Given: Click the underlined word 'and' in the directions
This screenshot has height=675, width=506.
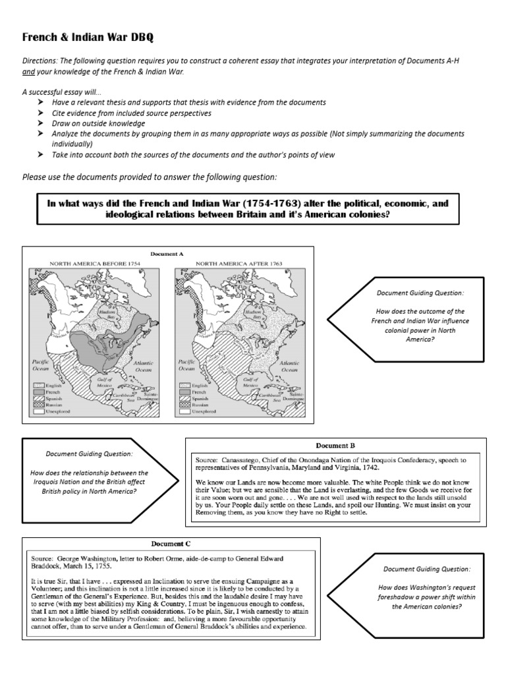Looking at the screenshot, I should pos(29,71).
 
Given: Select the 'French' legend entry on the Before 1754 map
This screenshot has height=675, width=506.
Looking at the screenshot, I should pos(53,392).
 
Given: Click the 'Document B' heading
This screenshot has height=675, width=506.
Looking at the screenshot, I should pos(336,446).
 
